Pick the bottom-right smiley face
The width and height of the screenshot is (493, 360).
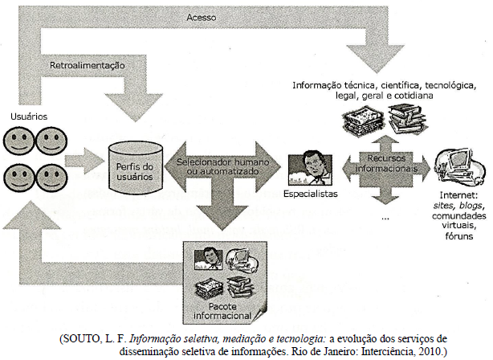[50, 176]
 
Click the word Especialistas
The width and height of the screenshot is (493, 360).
[311, 194]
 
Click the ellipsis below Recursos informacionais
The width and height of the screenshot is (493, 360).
[386, 217]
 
